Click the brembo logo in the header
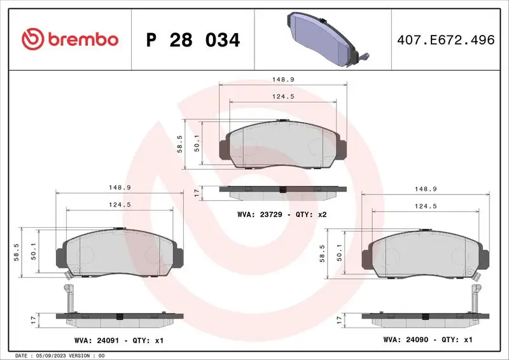coord(70,39)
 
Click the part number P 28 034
coord(193,40)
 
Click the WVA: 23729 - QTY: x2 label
coord(281,214)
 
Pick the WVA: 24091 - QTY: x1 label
coord(119,341)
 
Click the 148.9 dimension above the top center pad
coord(282,80)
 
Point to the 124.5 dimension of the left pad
coord(119,204)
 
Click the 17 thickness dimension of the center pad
coord(197,191)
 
